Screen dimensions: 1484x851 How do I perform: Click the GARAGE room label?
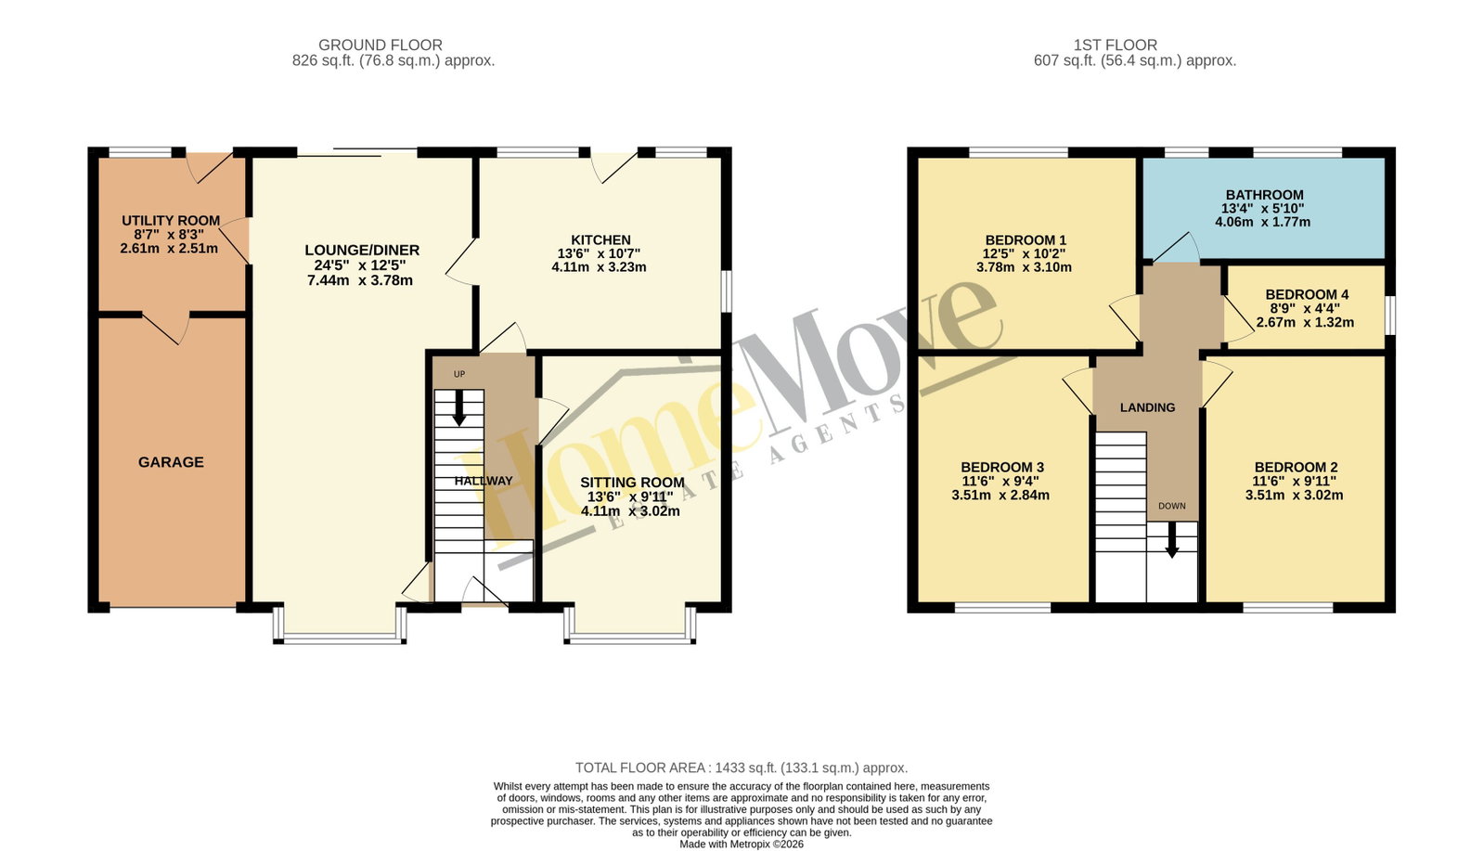pos(171,462)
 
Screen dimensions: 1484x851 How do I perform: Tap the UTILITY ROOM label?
pos(171,221)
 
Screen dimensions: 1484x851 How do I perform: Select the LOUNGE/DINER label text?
pos(362,251)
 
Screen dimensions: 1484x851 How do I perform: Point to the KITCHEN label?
pos(600,239)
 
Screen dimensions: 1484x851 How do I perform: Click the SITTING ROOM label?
pos(632,483)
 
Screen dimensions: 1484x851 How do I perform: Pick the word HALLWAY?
pos(484,481)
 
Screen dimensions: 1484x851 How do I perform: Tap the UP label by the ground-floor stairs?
pos(459,374)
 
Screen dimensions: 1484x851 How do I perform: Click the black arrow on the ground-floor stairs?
pos(458,408)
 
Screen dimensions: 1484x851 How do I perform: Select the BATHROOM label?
pos(1265,195)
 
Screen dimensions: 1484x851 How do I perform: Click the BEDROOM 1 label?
pos(1026,239)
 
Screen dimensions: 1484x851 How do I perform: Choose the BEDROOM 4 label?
pos(1307,294)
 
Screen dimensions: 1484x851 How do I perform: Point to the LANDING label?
pos(1147,407)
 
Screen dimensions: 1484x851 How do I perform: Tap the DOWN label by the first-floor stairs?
pos(1172,506)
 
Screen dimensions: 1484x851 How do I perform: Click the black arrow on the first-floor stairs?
pos(1172,540)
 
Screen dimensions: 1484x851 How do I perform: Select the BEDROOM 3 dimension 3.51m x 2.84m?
pos(1000,496)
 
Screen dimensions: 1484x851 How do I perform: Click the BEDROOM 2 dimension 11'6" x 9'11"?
pos(1294,482)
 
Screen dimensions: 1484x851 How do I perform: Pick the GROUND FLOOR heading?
pos(381,45)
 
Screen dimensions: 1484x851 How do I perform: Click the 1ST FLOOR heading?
pos(1116,45)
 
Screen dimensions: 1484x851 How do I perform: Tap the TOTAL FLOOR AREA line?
pos(742,768)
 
